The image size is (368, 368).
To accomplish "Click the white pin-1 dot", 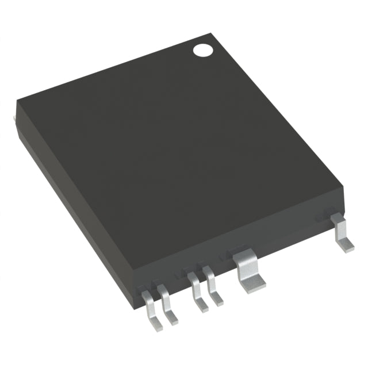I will tap(202, 50).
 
